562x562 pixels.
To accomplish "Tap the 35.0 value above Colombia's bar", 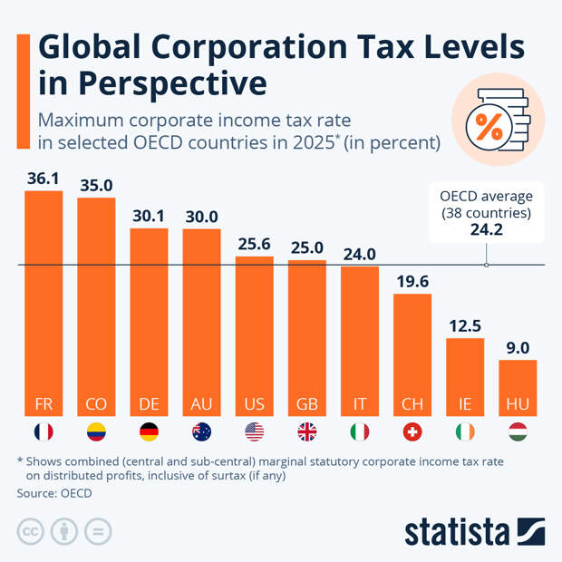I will [x=96, y=185].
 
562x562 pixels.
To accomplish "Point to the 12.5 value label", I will [x=465, y=325].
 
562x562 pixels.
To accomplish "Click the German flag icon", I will [x=149, y=432].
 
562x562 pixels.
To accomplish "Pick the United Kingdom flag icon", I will [x=306, y=432].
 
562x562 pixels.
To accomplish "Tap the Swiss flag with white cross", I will [x=412, y=432].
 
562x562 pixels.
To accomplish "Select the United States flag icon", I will [x=254, y=432].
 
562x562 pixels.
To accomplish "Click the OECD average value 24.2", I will [x=486, y=231].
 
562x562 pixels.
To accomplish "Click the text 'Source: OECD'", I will [x=54, y=493].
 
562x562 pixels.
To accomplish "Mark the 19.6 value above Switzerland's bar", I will [x=412, y=281].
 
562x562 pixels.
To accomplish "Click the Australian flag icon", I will [x=201, y=432].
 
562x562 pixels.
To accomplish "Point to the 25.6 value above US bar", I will [x=254, y=244].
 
